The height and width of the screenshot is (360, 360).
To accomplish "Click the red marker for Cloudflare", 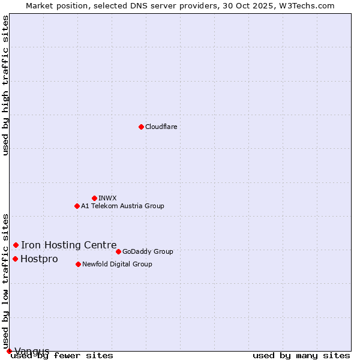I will [141, 127].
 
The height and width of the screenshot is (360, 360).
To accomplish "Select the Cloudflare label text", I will [161, 127].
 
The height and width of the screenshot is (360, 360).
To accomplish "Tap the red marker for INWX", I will [94, 198].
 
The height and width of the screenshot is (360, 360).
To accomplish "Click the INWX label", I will [107, 198].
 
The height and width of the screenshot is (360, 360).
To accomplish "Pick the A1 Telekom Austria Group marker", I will [77, 206].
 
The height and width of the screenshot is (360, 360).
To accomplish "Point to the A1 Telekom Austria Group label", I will [122, 206].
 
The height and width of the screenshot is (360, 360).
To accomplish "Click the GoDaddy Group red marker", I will [118, 251].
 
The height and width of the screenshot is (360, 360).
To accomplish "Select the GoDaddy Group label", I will [148, 251].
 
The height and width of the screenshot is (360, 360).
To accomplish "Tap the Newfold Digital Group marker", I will [78, 264].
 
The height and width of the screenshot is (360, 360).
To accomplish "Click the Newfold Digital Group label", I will [117, 264].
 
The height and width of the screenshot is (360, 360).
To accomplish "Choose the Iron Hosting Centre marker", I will [16, 245].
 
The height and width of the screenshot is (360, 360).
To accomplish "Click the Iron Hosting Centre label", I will [68, 245].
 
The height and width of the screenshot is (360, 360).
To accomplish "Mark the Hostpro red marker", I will [15, 259].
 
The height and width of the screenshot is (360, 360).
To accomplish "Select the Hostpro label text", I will [39, 259].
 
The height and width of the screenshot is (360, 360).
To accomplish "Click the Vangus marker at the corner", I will [9, 351].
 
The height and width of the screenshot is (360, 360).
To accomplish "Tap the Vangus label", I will [32, 351].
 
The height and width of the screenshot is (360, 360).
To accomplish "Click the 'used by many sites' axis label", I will [301, 356].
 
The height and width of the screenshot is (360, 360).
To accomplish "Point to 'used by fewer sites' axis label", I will [62, 356].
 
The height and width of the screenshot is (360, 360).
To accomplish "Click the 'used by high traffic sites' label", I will [5, 85].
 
